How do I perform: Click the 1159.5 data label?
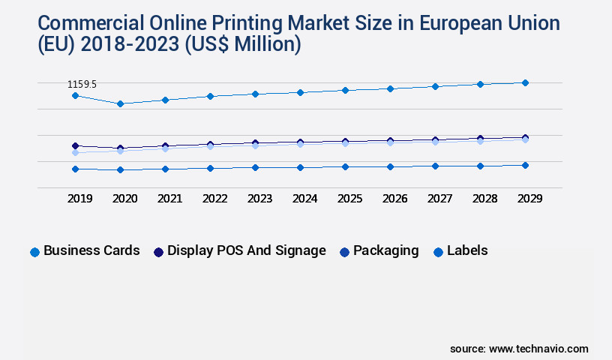click(x=82, y=85)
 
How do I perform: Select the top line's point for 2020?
click(x=120, y=103)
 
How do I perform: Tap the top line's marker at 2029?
click(x=525, y=82)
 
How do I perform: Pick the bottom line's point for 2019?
click(x=75, y=169)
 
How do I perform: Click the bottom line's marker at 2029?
click(x=525, y=165)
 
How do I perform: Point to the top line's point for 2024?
click(x=300, y=92)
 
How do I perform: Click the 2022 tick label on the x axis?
click(x=214, y=199)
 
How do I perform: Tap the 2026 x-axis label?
click(x=394, y=199)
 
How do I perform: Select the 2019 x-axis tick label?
click(x=79, y=199)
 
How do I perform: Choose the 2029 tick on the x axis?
click(x=529, y=199)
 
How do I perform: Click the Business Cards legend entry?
click(x=85, y=250)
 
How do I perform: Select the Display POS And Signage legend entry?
click(x=240, y=250)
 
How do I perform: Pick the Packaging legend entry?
click(x=379, y=250)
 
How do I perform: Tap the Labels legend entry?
click(x=460, y=250)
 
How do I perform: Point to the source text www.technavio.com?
click(x=538, y=349)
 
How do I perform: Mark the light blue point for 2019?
click(x=75, y=152)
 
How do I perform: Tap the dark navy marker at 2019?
click(x=75, y=145)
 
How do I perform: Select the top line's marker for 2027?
click(x=435, y=86)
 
